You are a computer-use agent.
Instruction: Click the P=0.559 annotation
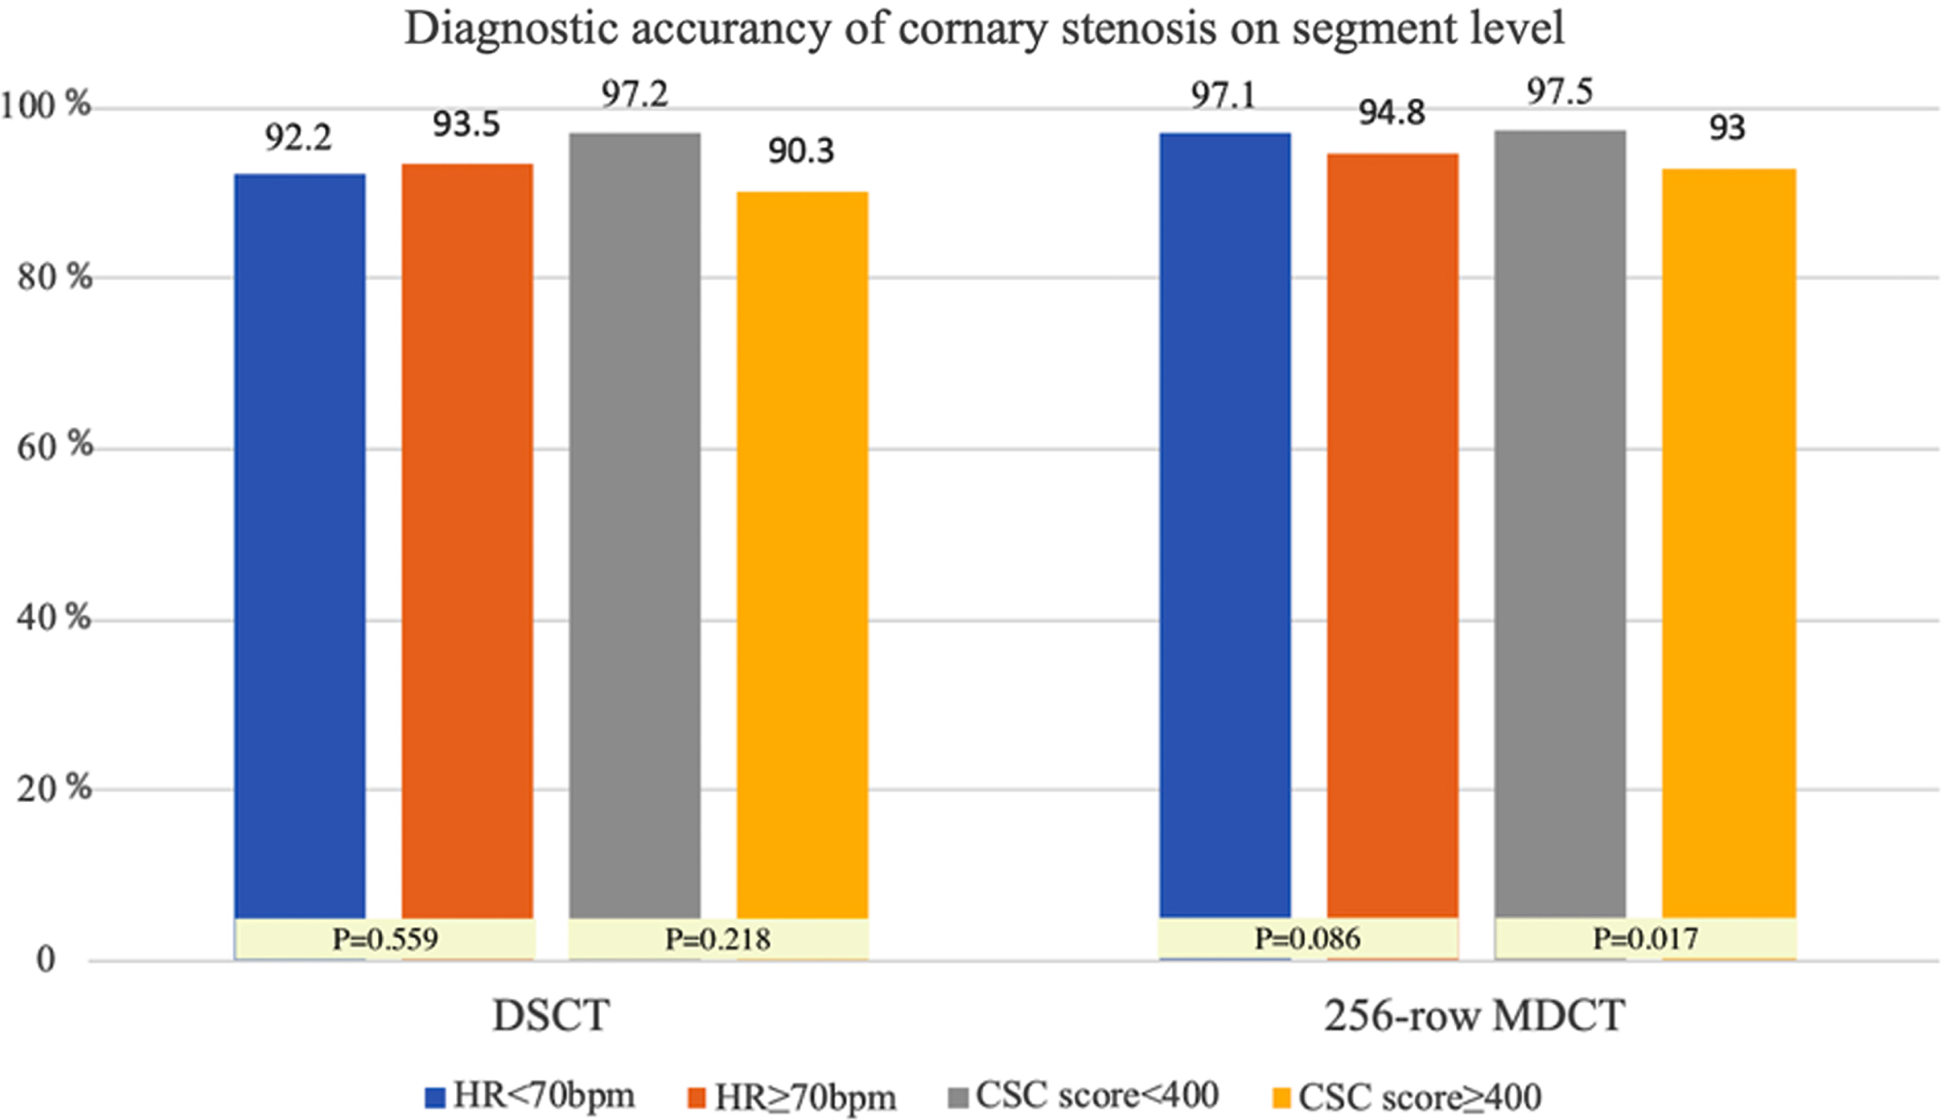(385, 938)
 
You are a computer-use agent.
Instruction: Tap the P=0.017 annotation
(1646, 938)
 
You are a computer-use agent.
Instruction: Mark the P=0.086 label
(1307, 938)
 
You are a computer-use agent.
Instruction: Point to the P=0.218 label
(718, 938)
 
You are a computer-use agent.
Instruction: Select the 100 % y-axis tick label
(46, 105)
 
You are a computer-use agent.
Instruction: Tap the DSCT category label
(551, 1016)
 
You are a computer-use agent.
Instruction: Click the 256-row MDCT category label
(1475, 1016)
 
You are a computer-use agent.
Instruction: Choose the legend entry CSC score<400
(1083, 1095)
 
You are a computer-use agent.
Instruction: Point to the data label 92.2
(298, 138)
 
